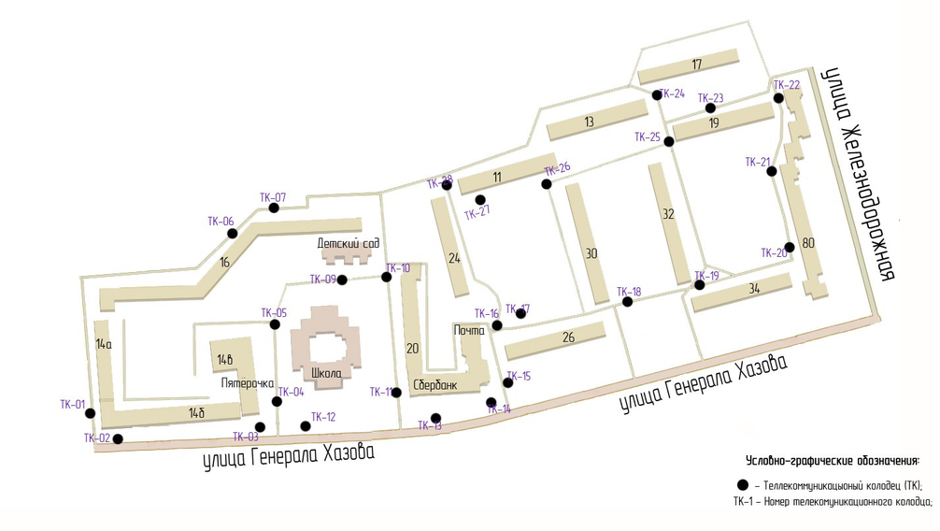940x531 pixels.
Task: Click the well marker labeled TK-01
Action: click(x=90, y=412)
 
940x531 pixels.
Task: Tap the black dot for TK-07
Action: click(x=274, y=208)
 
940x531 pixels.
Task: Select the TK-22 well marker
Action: click(x=778, y=97)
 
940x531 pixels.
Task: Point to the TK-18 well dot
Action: click(x=628, y=302)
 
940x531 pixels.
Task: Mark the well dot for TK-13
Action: click(x=435, y=418)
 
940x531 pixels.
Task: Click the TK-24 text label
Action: click(x=672, y=93)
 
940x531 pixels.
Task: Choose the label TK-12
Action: click(x=323, y=417)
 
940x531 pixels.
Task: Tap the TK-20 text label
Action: click(x=775, y=252)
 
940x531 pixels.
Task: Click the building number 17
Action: click(x=696, y=65)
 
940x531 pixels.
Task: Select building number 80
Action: click(x=808, y=243)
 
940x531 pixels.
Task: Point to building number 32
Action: click(x=667, y=214)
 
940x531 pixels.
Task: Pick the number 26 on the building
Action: click(x=568, y=337)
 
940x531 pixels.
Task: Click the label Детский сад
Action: click(x=348, y=243)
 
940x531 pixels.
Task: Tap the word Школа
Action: click(x=327, y=372)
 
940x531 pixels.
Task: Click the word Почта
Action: click(x=469, y=330)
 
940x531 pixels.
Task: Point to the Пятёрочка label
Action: click(x=247, y=383)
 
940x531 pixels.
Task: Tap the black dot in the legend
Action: click(x=743, y=485)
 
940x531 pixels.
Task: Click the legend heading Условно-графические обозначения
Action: click(x=833, y=460)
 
